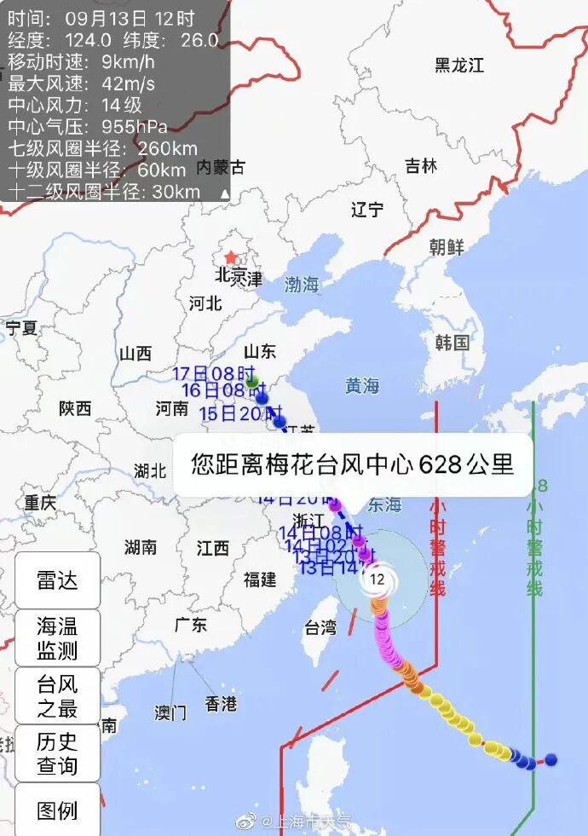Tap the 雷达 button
tap(57, 580)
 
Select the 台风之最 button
tap(57, 695)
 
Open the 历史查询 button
tap(57, 753)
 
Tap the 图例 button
tap(57, 810)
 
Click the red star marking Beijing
tap(230, 257)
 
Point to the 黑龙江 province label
tap(459, 65)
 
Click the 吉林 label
tap(421, 165)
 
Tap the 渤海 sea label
tap(302, 285)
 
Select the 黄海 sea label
tap(362, 386)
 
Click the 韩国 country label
tap(453, 343)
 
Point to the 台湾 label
tap(320, 629)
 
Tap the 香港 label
tap(221, 704)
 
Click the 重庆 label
tap(40, 503)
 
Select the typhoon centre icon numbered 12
tap(378, 580)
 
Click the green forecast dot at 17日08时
tap(252, 383)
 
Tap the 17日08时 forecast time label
tap(214, 373)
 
